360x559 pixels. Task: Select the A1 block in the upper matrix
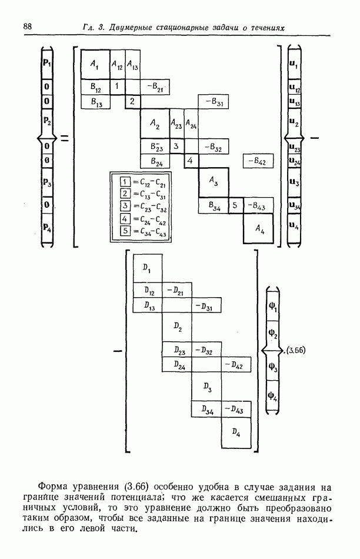(x=95, y=64)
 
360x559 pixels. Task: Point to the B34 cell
(x=213, y=205)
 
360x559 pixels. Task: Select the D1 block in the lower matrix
(x=147, y=268)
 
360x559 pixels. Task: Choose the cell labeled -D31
(x=206, y=306)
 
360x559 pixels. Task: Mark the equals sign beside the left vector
(x=65, y=139)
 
